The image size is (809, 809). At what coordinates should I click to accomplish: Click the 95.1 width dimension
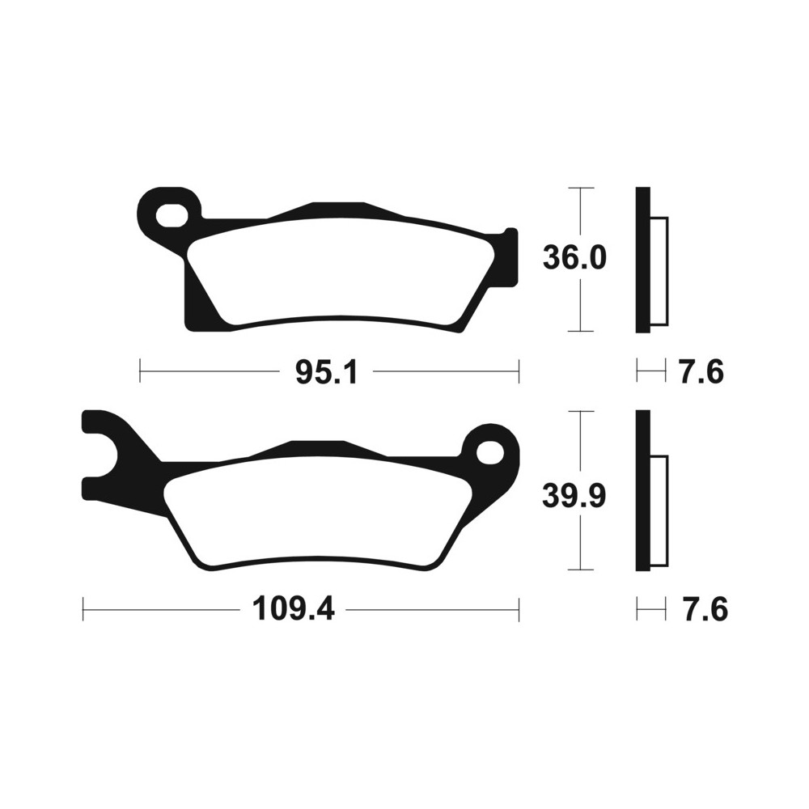326,372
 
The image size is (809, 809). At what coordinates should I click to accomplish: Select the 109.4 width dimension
293,610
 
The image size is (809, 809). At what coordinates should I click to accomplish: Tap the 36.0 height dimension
574,258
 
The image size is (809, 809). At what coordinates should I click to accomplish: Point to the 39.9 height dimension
574,497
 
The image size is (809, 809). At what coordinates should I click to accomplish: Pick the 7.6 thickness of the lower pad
705,610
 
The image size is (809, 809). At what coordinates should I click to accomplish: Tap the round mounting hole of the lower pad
489,454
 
